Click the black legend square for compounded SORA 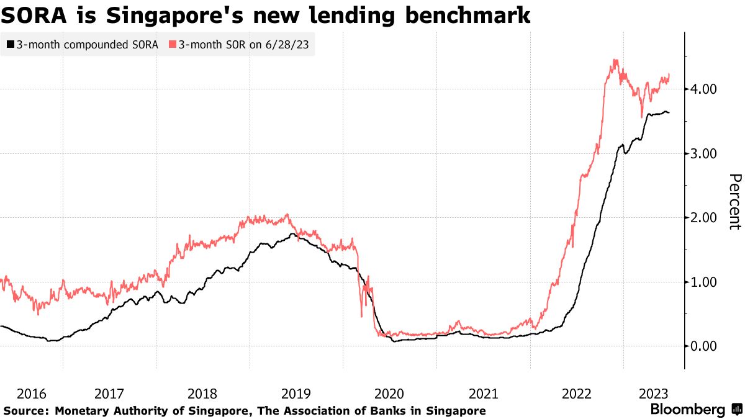point(11,45)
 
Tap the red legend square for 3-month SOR point(172,45)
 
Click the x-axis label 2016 point(32,394)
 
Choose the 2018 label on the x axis point(202,394)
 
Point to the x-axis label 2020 point(390,394)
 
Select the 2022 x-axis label point(577,394)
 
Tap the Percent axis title point(734,202)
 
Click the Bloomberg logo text point(687,410)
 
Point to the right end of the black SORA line point(669,112)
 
